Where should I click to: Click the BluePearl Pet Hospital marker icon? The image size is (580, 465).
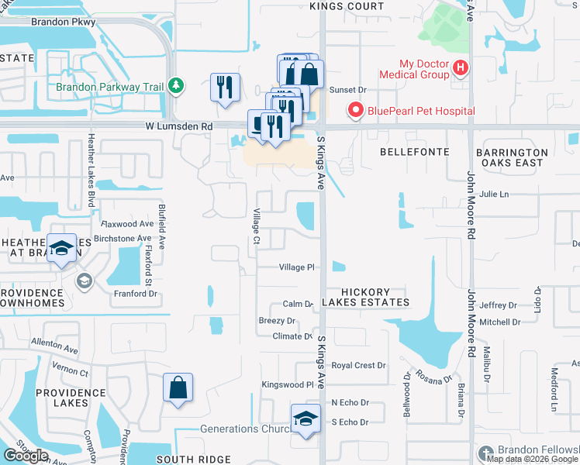(357, 111)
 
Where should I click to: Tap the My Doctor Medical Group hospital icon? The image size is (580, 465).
(461, 68)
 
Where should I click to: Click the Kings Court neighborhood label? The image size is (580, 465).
(347, 6)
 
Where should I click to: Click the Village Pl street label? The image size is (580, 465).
(296, 267)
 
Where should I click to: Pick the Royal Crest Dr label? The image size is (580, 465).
(358, 365)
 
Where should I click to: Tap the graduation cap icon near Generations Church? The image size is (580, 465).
(306, 419)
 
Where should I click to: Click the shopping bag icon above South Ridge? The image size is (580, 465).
(178, 387)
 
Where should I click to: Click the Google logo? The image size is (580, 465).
(26, 456)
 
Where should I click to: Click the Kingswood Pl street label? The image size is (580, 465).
(287, 384)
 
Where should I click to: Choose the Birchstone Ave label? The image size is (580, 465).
(122, 239)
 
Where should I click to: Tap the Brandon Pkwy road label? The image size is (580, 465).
(63, 22)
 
